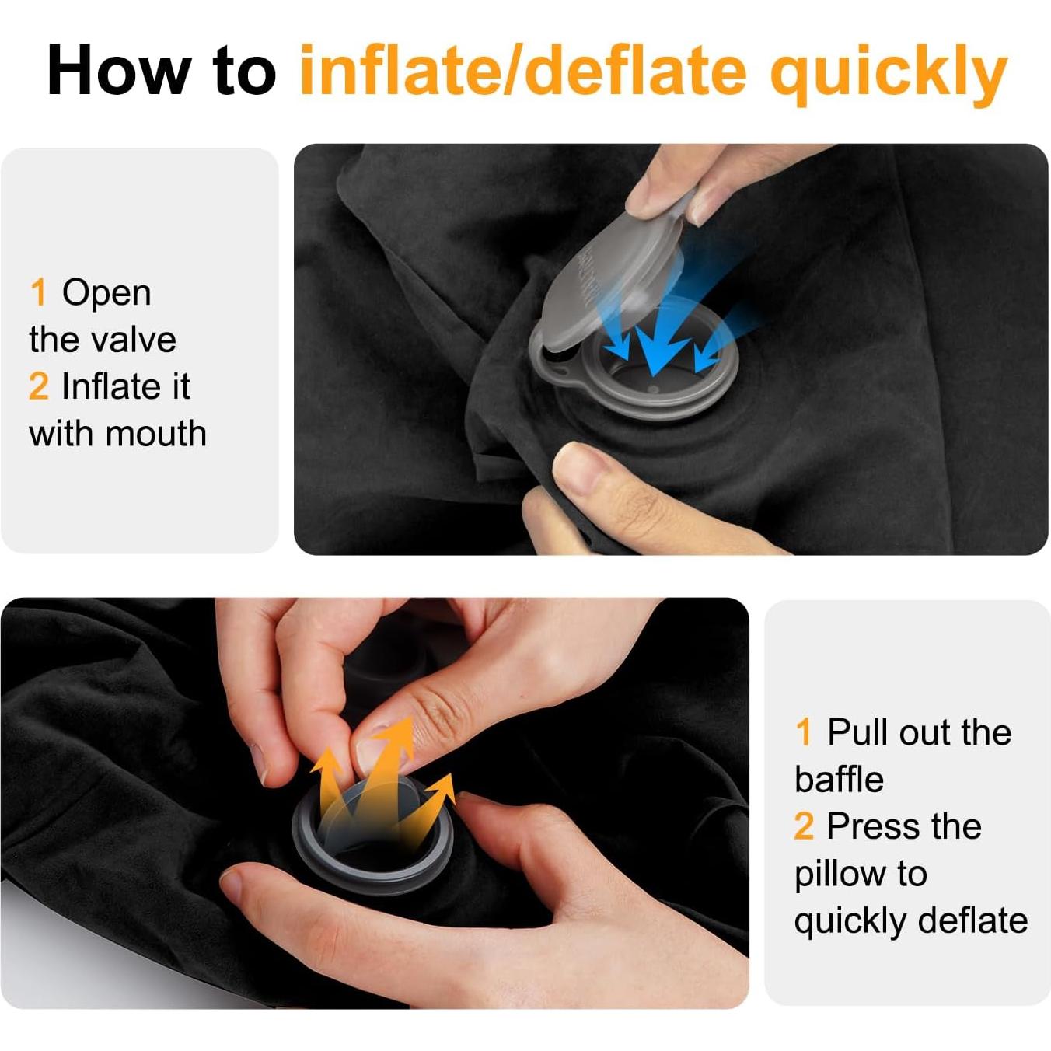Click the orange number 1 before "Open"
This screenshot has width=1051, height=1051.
click(38, 293)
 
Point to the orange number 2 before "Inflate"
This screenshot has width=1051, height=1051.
click(38, 386)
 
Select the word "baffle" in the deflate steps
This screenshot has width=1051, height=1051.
click(839, 780)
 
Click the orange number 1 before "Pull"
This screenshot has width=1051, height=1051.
click(804, 732)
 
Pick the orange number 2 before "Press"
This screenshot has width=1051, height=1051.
click(804, 826)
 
